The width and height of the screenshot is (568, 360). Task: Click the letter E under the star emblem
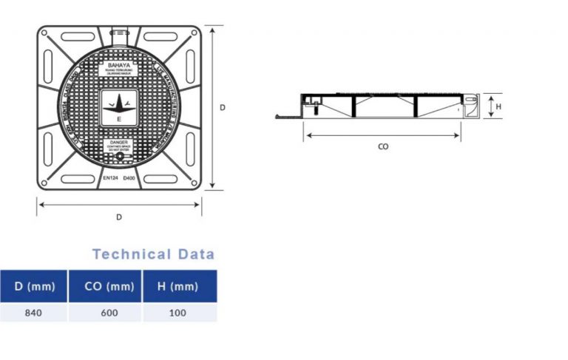point(119,118)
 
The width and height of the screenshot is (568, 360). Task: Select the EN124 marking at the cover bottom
point(109,179)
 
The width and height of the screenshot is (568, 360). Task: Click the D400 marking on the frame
point(129,179)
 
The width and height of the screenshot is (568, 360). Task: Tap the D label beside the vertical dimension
point(222,107)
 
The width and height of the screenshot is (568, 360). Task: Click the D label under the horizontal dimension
point(119,217)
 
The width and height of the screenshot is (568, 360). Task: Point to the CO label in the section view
point(383,146)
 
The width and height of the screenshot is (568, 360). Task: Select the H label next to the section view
point(498,106)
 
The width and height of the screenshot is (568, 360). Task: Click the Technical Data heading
point(153,254)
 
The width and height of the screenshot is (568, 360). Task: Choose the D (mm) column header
point(33,286)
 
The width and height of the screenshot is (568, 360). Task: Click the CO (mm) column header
point(106,286)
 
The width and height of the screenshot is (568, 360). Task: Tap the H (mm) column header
point(180,286)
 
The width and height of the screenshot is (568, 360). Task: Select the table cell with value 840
point(33,313)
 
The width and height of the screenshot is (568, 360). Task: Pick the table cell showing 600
point(106,313)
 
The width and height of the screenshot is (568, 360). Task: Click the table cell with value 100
point(180,313)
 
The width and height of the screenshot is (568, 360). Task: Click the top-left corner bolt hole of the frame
point(45,33)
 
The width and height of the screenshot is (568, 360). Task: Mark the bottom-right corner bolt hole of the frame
point(193,181)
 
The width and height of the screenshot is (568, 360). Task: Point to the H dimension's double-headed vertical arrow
point(490,106)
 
